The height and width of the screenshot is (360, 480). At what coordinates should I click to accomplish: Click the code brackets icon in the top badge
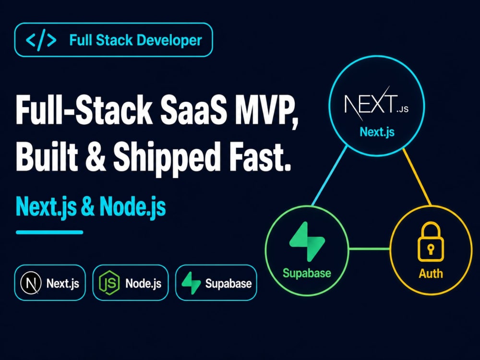[x=41, y=40]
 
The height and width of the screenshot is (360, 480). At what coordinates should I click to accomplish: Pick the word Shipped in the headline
[x=167, y=159]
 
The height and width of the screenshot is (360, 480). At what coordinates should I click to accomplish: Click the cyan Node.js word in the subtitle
[x=132, y=207]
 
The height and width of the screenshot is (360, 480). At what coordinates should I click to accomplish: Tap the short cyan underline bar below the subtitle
[x=49, y=232]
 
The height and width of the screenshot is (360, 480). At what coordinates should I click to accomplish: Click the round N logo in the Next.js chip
[x=31, y=283]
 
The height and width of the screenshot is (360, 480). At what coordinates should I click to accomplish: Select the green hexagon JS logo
[x=109, y=283]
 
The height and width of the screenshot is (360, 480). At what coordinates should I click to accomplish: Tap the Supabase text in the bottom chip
[x=228, y=284]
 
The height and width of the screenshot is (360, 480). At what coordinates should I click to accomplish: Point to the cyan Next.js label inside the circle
[x=377, y=132]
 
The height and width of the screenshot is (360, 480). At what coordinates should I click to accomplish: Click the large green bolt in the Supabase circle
[x=307, y=241]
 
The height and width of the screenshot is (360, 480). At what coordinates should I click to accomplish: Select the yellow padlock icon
[x=431, y=242]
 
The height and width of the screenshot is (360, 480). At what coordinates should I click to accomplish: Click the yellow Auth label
[x=431, y=274]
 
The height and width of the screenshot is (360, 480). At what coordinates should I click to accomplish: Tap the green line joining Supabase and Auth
[x=370, y=249]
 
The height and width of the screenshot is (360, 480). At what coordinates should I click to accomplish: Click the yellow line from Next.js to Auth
[x=417, y=177]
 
